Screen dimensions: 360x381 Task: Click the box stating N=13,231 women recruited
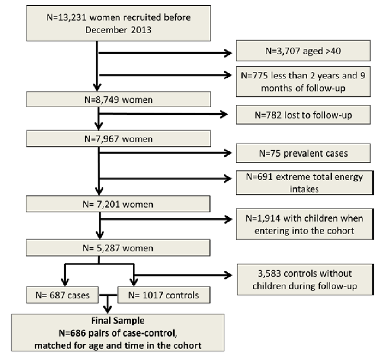click(118, 23)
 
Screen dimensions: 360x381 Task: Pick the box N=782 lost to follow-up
click(303, 115)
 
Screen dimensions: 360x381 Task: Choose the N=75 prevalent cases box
click(303, 153)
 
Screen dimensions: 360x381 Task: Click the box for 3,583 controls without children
click(304, 279)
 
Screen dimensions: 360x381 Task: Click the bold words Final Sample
click(118, 320)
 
